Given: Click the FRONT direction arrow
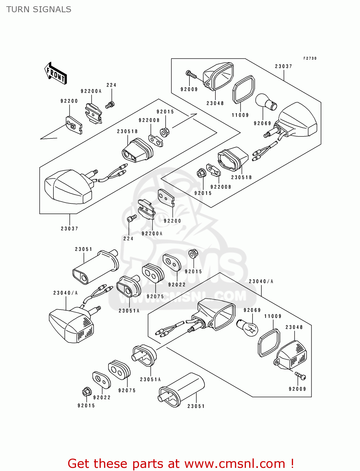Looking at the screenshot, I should tap(56, 73).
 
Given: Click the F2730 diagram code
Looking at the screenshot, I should tap(310, 58).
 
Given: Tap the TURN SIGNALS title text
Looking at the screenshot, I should tap(39, 9).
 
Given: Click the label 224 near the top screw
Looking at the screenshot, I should tap(111, 85).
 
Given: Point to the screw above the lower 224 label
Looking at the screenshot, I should tap(131, 218).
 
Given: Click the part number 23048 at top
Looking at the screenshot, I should tap(215, 103).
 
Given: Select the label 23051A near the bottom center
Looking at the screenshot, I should tap(150, 380).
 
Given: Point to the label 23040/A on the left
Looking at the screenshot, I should tap(65, 293).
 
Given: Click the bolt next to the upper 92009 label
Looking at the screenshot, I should tap(191, 74).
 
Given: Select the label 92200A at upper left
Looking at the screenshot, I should tap(91, 91).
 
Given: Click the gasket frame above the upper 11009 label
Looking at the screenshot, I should tap(243, 89).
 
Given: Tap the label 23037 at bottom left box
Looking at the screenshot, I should tap(69, 229).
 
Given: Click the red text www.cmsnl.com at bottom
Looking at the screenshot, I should tap(235, 463).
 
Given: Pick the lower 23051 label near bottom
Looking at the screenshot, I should tap(196, 406).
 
